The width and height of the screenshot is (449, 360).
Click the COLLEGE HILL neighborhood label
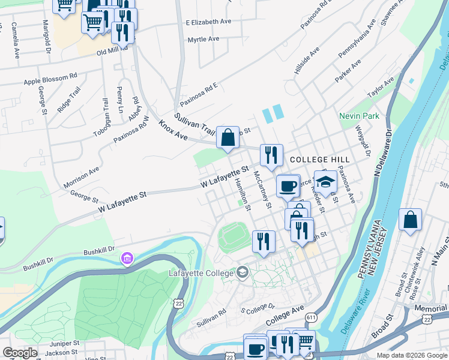coord(319,160)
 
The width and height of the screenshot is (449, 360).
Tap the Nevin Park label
coord(359,116)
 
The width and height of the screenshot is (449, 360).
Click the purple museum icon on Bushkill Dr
coord(127,259)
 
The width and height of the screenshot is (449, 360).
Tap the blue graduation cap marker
coord(325,182)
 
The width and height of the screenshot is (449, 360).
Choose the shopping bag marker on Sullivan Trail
coord(228,137)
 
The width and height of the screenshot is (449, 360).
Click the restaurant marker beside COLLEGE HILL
coord(271,155)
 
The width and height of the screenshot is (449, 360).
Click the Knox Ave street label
coord(172,131)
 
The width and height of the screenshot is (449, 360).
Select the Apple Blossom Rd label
coord(50,79)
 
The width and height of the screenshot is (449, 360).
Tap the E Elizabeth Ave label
coord(208,22)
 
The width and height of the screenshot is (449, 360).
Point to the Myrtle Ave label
coord(203,39)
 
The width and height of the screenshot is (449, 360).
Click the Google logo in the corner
coord(20,353)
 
